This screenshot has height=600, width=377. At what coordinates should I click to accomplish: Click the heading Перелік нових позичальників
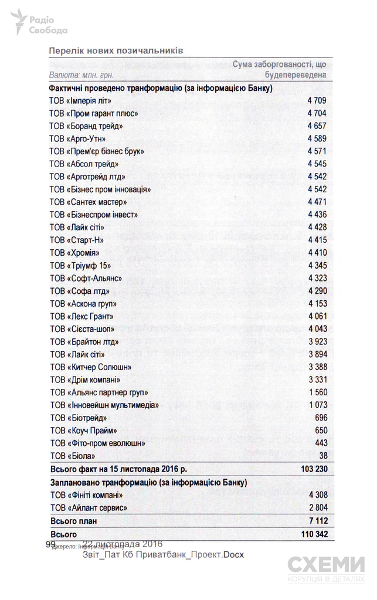point(117,50)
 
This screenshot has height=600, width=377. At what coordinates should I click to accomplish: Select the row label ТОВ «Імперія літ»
point(80,101)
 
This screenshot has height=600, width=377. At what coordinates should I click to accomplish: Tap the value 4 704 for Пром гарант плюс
point(317,113)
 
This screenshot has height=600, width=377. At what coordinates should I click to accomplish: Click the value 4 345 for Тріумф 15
point(317,265)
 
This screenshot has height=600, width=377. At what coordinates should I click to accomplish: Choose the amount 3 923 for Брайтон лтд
point(317,341)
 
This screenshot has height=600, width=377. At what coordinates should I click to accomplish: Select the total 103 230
point(313,469)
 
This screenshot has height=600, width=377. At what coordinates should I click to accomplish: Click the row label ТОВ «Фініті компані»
point(86,494)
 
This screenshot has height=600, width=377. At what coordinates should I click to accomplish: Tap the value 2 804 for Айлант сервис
point(317,507)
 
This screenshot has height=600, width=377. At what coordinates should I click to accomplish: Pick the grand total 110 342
point(313,534)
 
